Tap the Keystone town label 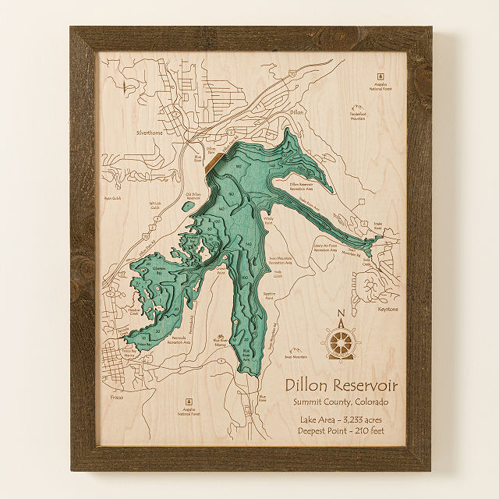[387, 309]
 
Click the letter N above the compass [341, 316]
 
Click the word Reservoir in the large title [363, 385]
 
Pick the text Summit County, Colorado [341, 402]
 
